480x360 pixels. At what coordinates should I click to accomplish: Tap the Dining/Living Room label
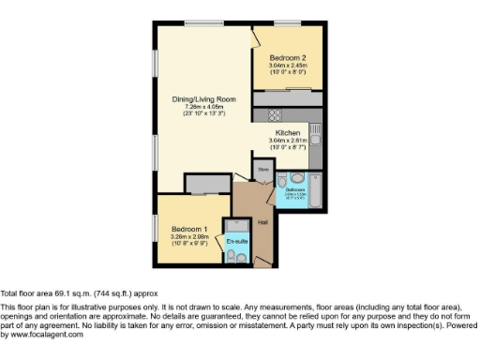202,99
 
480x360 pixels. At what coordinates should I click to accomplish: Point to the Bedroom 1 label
190,229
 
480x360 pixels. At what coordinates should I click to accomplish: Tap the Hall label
263,221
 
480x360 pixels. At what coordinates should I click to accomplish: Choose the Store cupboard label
263,170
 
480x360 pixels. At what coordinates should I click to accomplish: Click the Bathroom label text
296,190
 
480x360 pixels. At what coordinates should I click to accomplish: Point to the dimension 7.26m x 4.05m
202,107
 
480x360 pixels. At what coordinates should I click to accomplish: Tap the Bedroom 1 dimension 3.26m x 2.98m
190,236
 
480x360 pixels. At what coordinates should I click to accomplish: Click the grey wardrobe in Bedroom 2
288,97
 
